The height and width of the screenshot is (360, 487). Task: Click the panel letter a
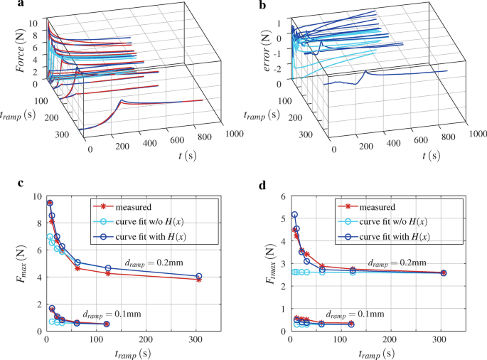[x=5, y=6]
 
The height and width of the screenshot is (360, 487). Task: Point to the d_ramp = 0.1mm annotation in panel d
[x=353, y=312]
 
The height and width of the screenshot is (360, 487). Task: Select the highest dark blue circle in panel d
[x=294, y=214]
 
